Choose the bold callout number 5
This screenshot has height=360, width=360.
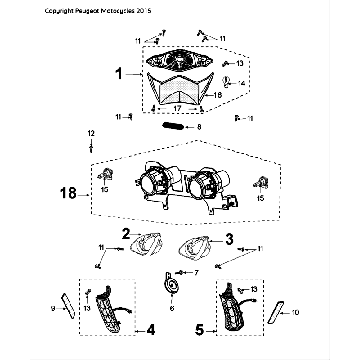[199, 325]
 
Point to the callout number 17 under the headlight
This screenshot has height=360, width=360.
[177, 108]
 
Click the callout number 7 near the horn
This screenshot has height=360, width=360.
[195, 271]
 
